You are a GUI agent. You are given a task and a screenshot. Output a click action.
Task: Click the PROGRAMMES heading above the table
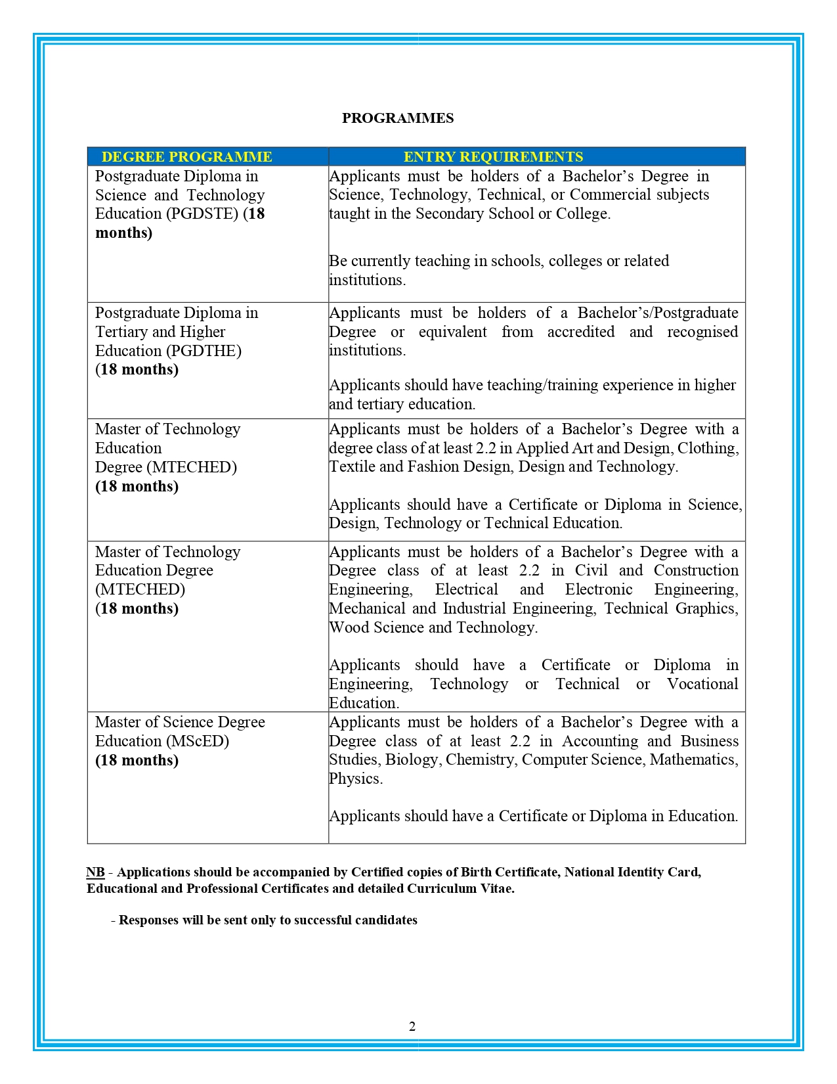click(x=398, y=118)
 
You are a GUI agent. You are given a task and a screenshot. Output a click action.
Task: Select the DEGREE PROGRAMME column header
click(x=186, y=157)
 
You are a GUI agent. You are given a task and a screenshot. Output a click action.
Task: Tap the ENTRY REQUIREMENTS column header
click(x=493, y=157)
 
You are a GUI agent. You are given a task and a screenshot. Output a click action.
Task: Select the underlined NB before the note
click(x=95, y=872)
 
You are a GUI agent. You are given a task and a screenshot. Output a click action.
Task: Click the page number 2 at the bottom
click(x=412, y=1027)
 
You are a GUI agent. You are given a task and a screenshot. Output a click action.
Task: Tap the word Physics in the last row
click(x=355, y=779)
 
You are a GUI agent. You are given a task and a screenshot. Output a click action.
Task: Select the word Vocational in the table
click(x=702, y=685)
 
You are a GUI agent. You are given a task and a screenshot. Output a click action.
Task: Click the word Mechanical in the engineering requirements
click(x=368, y=609)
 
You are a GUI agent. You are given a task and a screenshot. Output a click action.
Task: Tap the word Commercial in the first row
click(x=610, y=195)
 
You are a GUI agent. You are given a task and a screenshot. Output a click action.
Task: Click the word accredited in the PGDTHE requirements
click(x=581, y=332)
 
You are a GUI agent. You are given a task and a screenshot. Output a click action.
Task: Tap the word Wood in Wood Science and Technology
click(x=349, y=628)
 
